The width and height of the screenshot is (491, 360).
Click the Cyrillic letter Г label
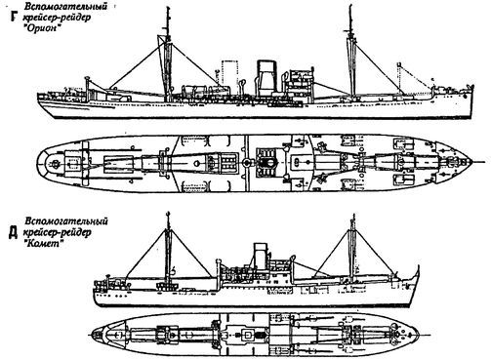point(13,17)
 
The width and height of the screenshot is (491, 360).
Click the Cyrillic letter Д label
point(13,232)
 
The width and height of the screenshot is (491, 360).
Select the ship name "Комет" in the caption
point(44,244)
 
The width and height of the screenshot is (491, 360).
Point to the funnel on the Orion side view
point(266,78)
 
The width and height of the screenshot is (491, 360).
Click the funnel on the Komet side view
point(261,256)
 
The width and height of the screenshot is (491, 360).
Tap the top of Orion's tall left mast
point(167,7)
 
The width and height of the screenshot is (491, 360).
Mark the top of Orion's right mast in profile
point(350,7)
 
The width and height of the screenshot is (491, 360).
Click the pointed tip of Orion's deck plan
point(471,162)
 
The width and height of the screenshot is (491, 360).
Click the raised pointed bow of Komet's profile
point(418,266)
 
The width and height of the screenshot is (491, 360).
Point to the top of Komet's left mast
point(168,214)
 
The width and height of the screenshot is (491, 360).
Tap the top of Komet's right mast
point(352,216)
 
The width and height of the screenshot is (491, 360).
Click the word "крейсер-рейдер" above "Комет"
point(58,232)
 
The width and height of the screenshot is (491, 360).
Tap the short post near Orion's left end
point(87,87)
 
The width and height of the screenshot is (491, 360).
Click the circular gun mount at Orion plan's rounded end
point(56,162)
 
